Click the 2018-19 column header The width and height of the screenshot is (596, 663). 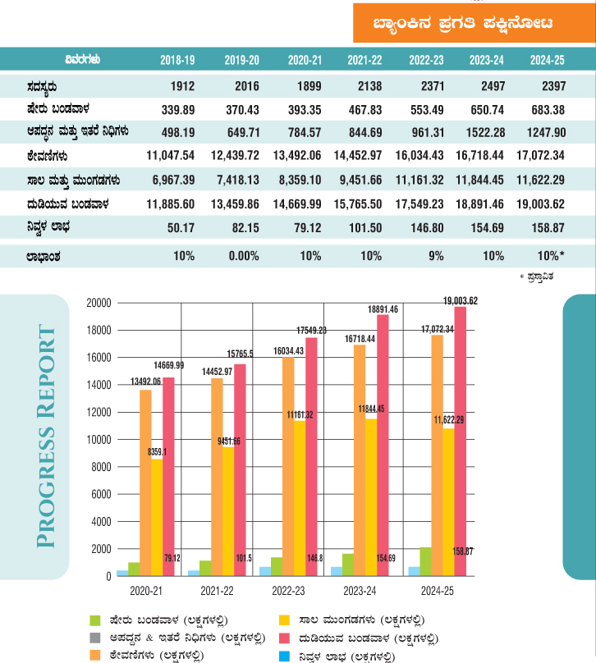tap(177, 59)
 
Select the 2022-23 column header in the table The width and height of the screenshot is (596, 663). tap(426, 59)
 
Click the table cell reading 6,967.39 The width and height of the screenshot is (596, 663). tap(170, 178)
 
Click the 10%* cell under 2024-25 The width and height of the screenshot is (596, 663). tap(550, 255)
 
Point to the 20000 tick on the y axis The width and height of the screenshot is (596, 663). tap(99, 303)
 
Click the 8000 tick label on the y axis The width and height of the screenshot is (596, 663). tap(101, 467)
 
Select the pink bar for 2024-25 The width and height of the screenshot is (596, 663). tap(460, 443)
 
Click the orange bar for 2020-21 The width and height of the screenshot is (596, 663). tap(145, 484)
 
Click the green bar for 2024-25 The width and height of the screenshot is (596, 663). tap(425, 561)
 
